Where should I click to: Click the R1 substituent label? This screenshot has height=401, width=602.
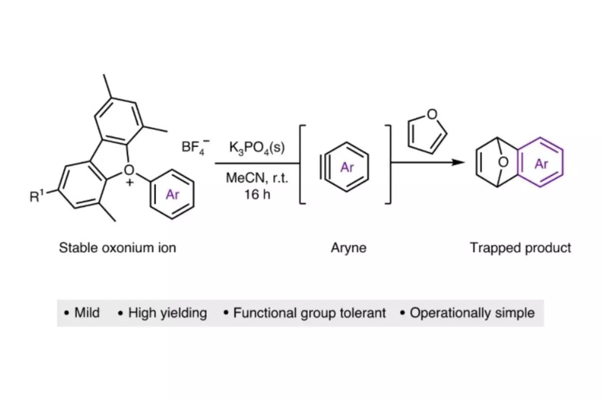[x=37, y=196]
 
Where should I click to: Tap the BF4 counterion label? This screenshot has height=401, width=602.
[x=195, y=147]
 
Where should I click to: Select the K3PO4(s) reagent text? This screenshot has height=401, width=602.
[x=257, y=148]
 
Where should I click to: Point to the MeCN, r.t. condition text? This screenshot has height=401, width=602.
[x=257, y=178]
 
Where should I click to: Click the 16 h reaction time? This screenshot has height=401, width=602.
[x=257, y=194]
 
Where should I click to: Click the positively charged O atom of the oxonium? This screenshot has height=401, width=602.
[x=129, y=170]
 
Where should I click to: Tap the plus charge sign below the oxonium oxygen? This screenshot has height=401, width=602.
[x=130, y=183]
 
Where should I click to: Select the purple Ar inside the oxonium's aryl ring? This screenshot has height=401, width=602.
[x=172, y=194]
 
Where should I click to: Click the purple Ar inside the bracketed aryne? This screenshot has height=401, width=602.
[x=347, y=167]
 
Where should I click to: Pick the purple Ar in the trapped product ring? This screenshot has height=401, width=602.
[x=541, y=164]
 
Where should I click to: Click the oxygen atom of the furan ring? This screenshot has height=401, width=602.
[x=432, y=114]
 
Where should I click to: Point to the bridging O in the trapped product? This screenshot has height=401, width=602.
[x=503, y=162]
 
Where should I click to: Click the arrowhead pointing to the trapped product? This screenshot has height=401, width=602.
[x=458, y=162]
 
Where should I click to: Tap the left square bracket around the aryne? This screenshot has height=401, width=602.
[x=300, y=164]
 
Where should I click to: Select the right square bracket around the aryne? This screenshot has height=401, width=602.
[x=390, y=164]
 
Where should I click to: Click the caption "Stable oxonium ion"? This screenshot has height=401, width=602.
[x=117, y=248]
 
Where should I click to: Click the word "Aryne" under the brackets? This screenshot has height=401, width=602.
[x=349, y=248]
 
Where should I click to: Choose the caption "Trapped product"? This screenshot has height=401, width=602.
[x=520, y=248]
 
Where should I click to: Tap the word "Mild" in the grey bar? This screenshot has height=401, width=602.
[x=87, y=313]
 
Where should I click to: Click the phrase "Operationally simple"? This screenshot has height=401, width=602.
[x=472, y=313]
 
